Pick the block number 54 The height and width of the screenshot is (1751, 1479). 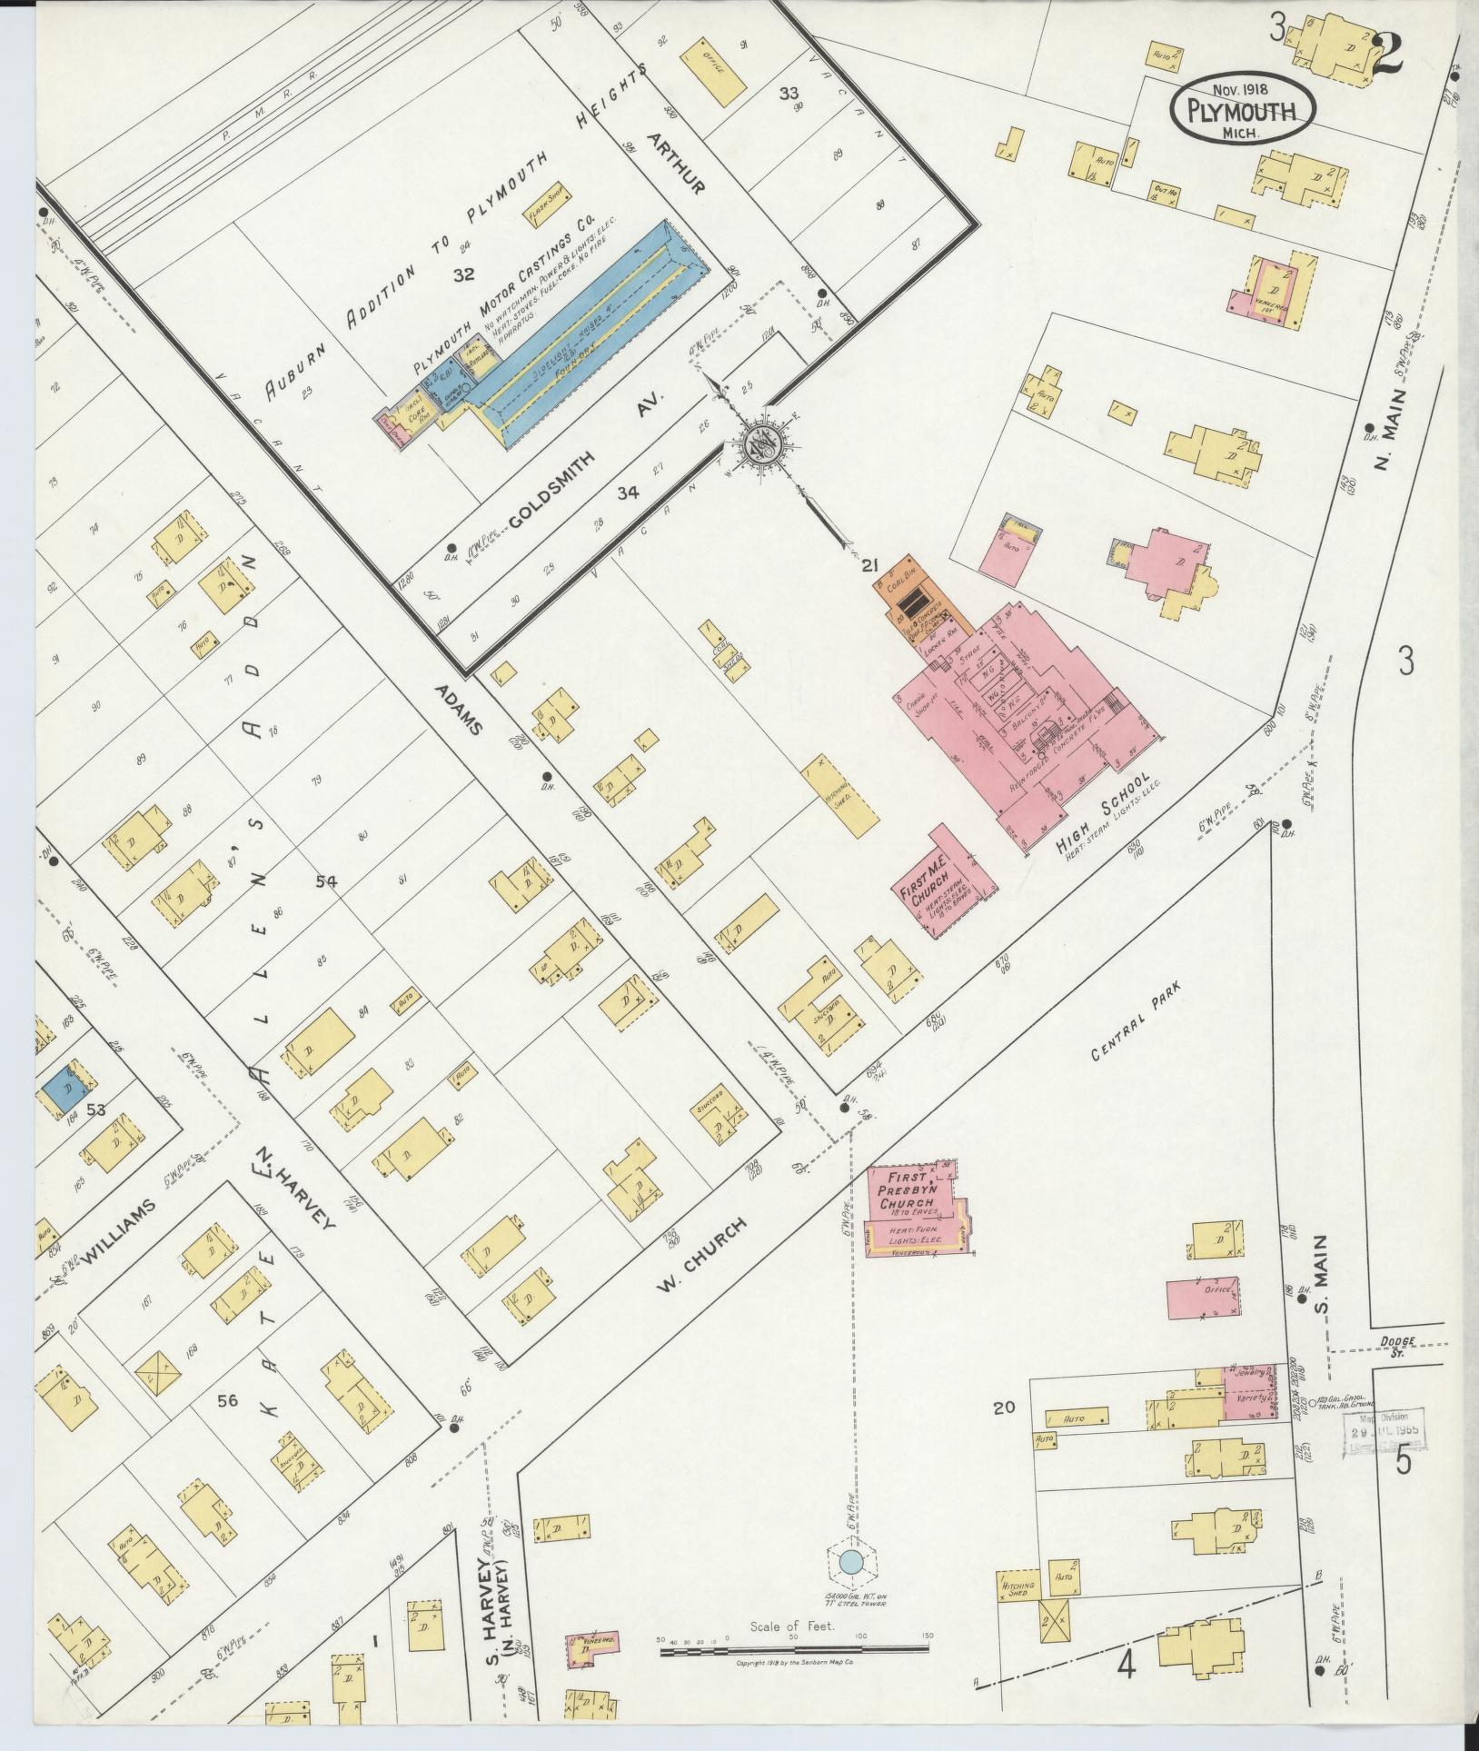tap(327, 880)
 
